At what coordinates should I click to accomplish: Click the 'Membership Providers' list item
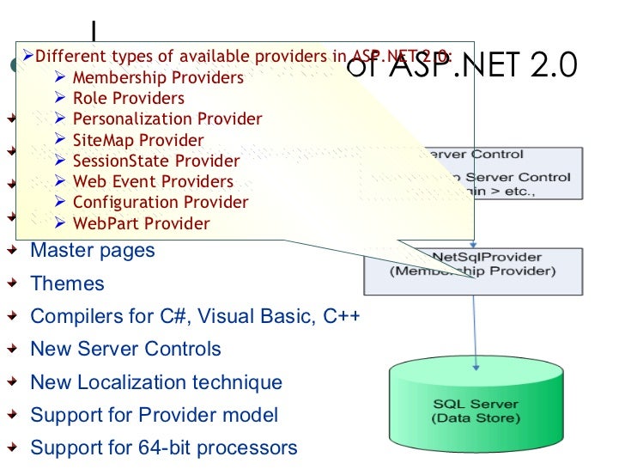(x=157, y=78)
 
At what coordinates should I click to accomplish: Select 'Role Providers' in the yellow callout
(x=128, y=99)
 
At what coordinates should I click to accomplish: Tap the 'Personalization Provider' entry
(x=167, y=119)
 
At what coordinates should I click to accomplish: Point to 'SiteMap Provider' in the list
(x=137, y=140)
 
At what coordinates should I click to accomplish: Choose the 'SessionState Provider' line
(x=155, y=161)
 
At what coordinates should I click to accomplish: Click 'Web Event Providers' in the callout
(x=152, y=182)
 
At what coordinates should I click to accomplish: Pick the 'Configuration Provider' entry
(x=160, y=203)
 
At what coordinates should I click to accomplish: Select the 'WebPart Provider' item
(x=141, y=223)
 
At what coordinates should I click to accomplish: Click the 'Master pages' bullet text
(x=93, y=251)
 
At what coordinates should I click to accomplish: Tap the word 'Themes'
(x=67, y=283)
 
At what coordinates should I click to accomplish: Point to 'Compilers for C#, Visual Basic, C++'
(x=195, y=316)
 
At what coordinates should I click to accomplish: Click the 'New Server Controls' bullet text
(x=125, y=349)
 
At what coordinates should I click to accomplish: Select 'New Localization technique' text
(x=155, y=382)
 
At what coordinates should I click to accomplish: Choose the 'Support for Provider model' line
(x=154, y=415)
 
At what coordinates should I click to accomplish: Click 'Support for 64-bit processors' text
(x=163, y=448)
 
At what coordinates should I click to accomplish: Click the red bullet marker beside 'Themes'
(x=11, y=283)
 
